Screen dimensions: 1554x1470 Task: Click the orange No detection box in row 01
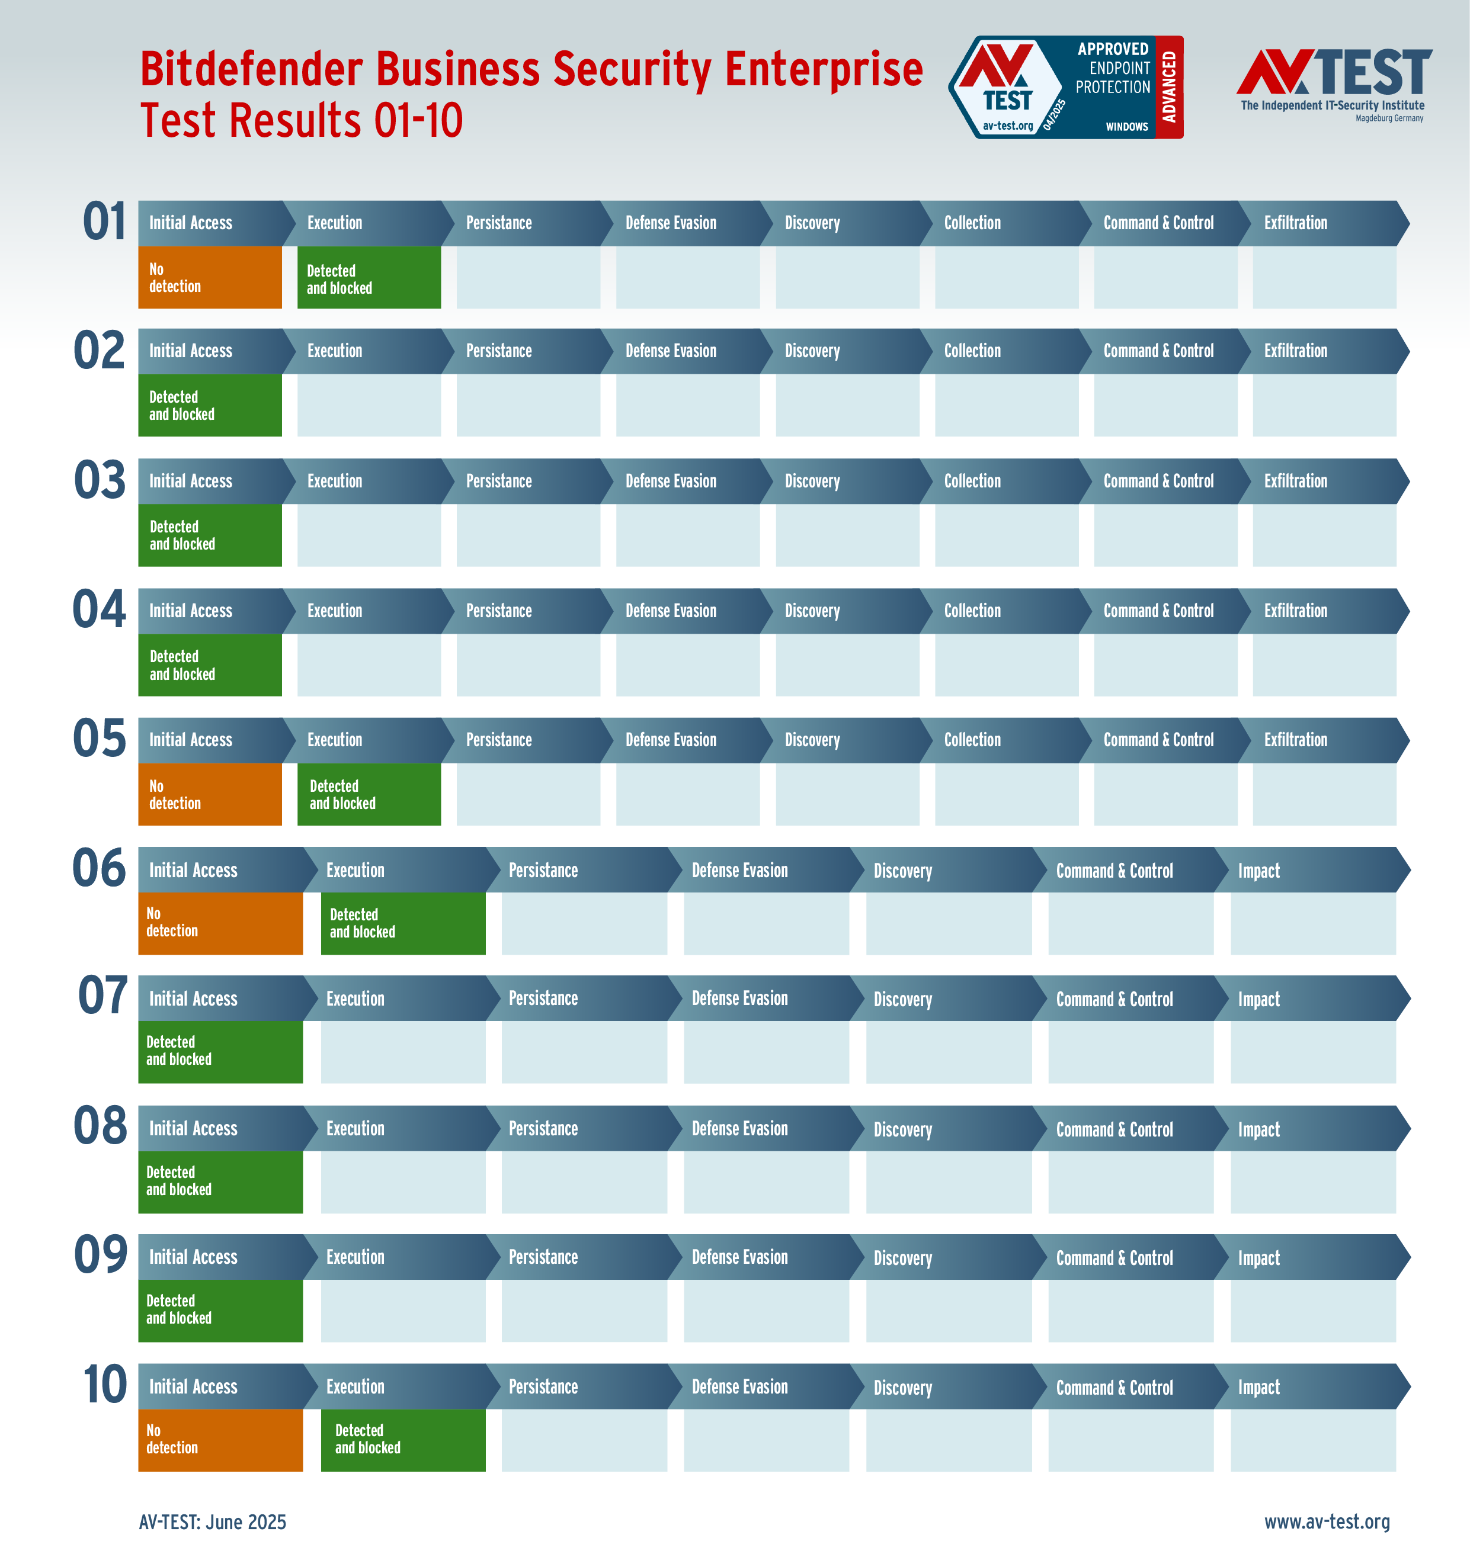coord(209,277)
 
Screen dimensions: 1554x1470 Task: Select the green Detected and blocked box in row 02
coord(209,405)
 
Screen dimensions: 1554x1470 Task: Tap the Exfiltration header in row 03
coord(1295,481)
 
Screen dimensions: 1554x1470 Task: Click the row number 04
coord(99,610)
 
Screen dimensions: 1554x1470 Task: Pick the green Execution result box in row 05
coord(369,794)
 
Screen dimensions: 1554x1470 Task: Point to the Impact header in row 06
coord(1258,870)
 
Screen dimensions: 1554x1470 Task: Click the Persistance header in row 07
coord(543,998)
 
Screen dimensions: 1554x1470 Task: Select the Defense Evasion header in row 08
coord(739,1129)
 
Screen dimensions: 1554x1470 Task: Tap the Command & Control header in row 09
coord(1114,1258)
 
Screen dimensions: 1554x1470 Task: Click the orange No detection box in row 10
coord(220,1440)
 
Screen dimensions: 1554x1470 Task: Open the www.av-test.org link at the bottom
coord(1327,1521)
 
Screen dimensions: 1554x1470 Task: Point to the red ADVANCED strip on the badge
coord(1169,87)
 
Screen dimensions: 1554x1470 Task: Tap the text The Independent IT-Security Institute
coord(1332,106)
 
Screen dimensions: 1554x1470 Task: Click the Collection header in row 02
coord(972,351)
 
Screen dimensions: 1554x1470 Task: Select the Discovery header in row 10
coord(903,1387)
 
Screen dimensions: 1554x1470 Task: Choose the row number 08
coord(100,1126)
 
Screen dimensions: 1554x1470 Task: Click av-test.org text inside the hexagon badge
coord(1008,126)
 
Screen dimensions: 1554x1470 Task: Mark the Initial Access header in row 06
coord(193,870)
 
